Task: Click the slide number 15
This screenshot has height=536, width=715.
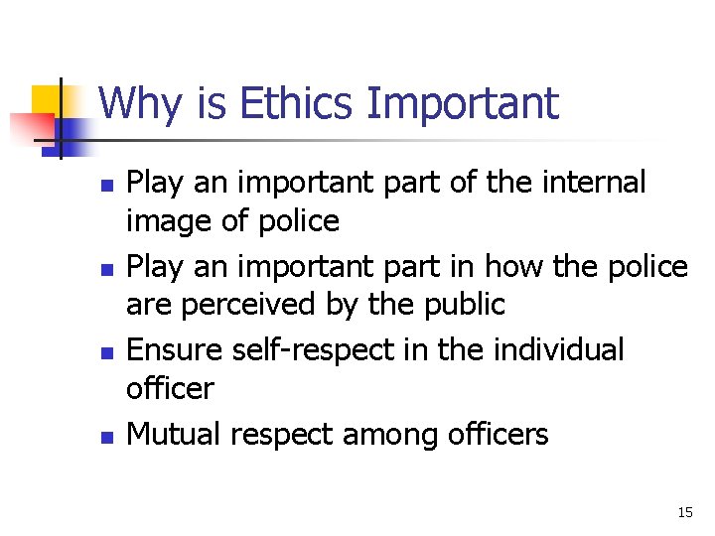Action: point(684,512)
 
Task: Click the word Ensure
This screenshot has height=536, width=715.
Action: point(177,349)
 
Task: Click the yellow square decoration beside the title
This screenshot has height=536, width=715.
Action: point(47,99)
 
